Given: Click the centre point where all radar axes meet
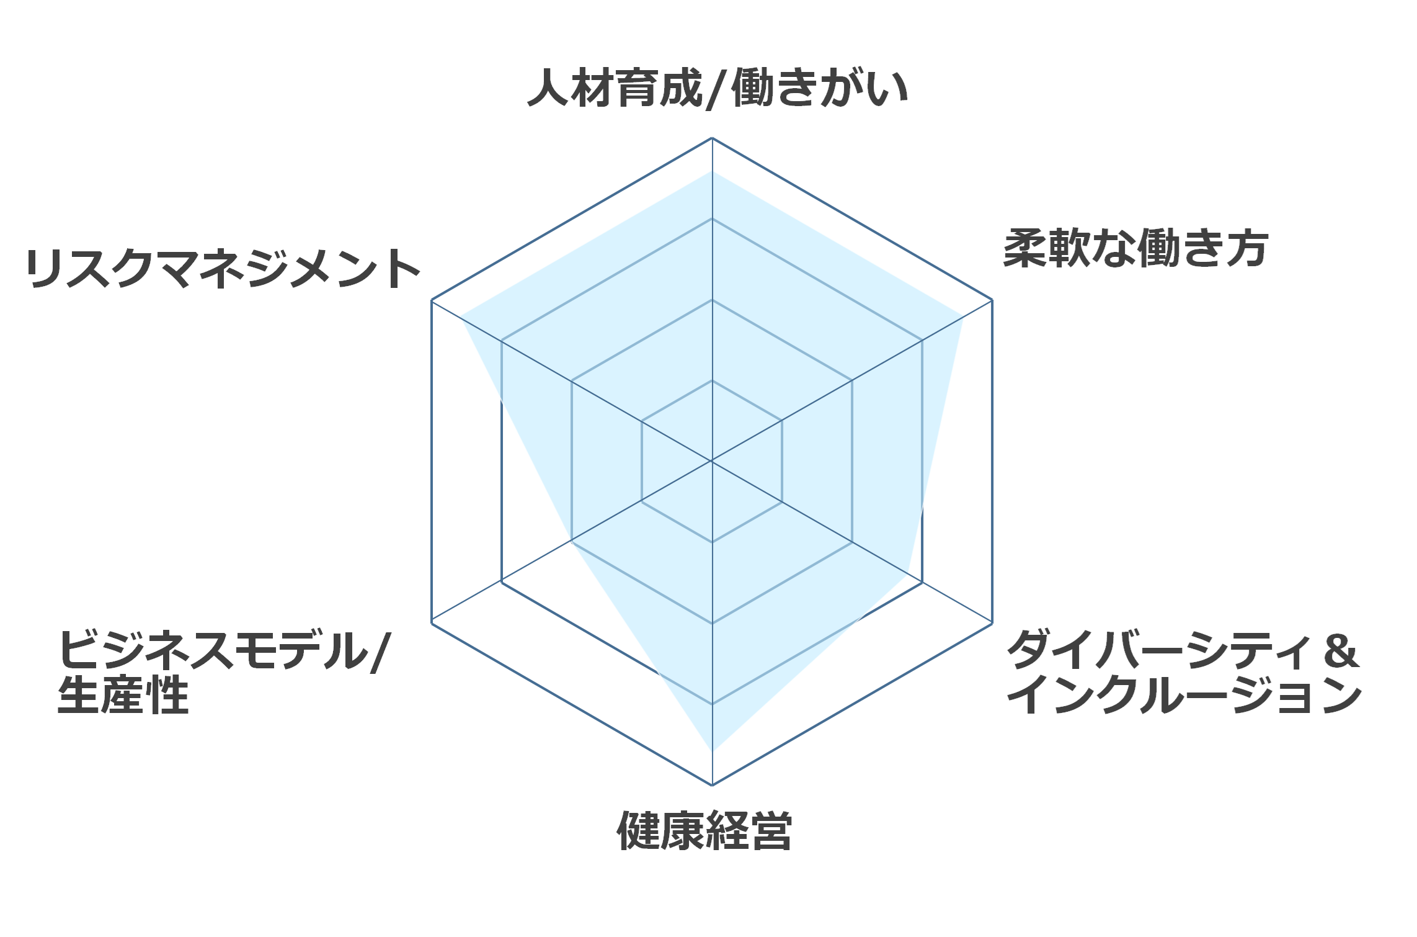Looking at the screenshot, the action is point(712,461).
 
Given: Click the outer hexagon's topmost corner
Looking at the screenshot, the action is point(712,138).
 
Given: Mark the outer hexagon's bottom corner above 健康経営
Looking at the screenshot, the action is point(712,785).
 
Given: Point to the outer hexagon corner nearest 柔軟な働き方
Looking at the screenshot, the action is point(992,300).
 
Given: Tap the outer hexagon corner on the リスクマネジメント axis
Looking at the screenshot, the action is point(432,300).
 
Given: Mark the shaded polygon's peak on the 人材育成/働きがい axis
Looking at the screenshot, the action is point(712,171).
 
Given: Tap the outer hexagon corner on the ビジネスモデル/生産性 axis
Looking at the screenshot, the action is point(432,622).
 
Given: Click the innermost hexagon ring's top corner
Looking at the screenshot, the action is point(712,380).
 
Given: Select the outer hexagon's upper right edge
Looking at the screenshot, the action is point(852,219).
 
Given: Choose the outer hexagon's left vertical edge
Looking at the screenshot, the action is point(432,462).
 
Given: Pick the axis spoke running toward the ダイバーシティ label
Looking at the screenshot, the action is point(852,542).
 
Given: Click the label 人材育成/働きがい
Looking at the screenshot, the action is point(717,89).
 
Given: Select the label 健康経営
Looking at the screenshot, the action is point(704,830).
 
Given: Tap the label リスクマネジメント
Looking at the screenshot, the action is point(223,269).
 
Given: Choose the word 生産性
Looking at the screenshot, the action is point(123,695).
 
